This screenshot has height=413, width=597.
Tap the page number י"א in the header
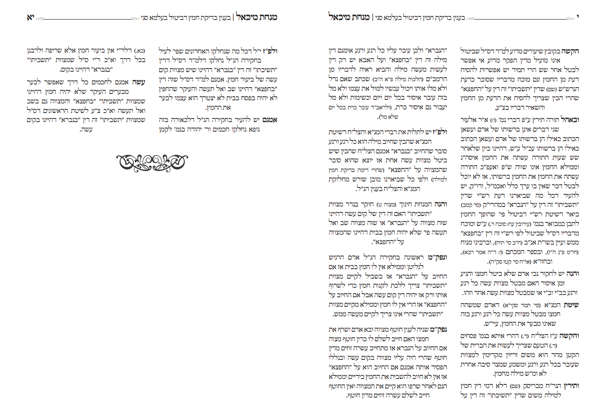30,18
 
